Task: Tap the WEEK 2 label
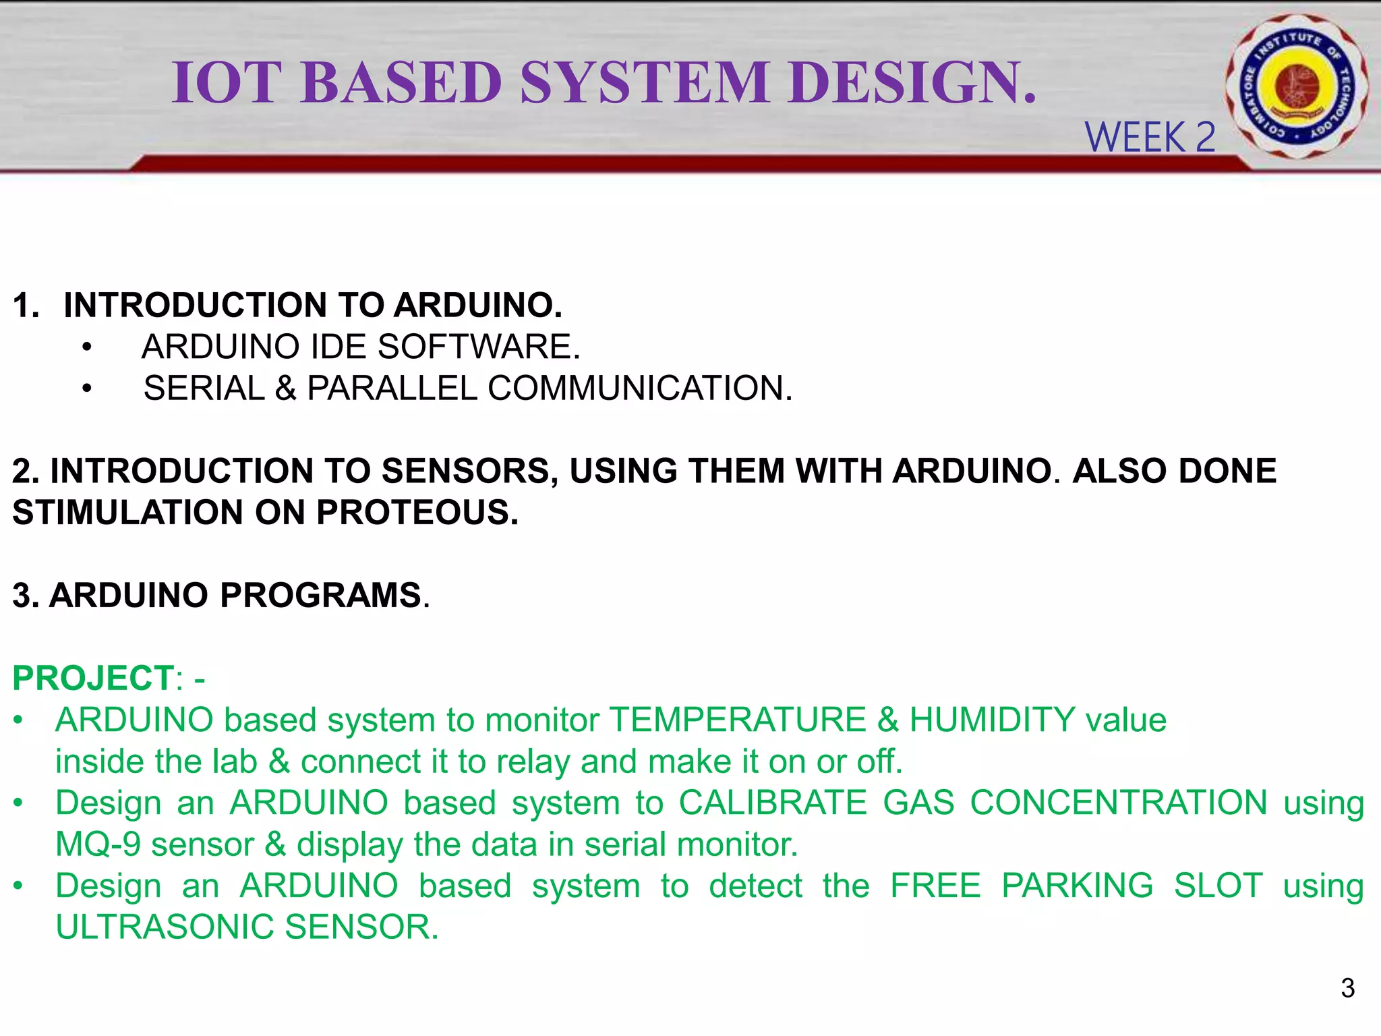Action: coord(1150,138)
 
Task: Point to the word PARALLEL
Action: coord(392,388)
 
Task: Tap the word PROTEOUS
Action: coord(417,513)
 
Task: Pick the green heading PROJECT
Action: coord(94,679)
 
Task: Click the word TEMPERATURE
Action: coord(738,720)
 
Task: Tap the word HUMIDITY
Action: coord(992,720)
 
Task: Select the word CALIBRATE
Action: coord(772,803)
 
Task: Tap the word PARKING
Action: coord(1077,886)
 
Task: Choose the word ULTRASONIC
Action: coord(164,927)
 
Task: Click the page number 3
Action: coord(1347,988)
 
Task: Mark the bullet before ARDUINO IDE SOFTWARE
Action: coord(86,348)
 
